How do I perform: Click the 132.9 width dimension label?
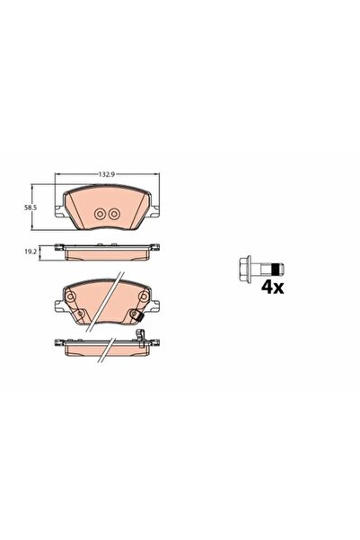point(106,174)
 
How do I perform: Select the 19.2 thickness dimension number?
point(31,252)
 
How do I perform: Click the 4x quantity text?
point(273,287)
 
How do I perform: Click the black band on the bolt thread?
point(275,270)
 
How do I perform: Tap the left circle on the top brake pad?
point(100,214)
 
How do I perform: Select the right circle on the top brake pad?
point(113,214)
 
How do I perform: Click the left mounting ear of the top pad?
point(59,211)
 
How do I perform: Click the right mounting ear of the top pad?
point(155,211)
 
